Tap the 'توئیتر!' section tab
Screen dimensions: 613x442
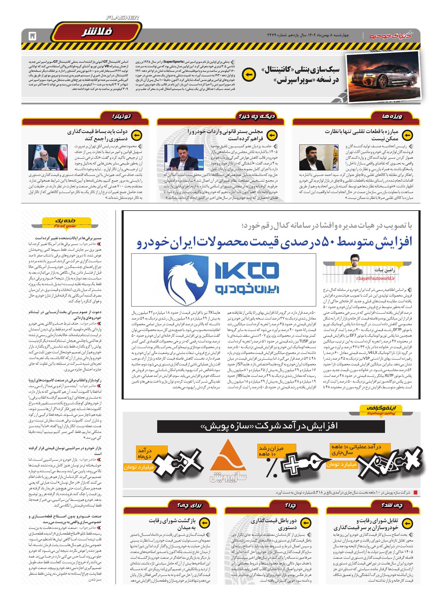tap(121, 116)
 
